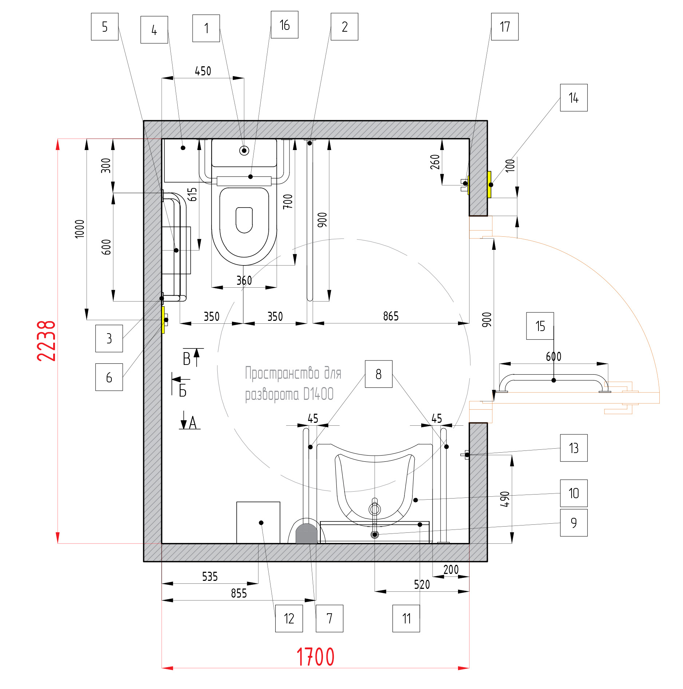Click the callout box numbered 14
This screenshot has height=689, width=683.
[x=573, y=98]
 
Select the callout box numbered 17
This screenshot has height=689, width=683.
[x=505, y=27]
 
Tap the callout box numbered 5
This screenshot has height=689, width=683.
[x=104, y=27]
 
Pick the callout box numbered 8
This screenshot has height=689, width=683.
[x=379, y=374]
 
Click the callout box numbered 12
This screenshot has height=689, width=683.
[x=289, y=618]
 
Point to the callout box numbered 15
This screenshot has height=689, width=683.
[x=540, y=326]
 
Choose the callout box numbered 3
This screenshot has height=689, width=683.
[x=109, y=338]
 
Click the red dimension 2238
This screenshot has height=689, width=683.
[x=46, y=341]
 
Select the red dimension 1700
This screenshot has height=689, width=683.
[x=315, y=657]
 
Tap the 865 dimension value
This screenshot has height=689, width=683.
[x=391, y=316]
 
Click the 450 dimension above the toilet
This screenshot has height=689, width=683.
[x=203, y=71]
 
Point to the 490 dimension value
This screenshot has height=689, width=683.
[x=505, y=499]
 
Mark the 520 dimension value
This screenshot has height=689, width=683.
[x=422, y=584]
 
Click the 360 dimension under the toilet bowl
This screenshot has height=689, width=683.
[x=244, y=280]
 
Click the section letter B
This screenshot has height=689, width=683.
[x=187, y=359]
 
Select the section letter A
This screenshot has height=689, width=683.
[x=193, y=423]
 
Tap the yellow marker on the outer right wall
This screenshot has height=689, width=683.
[x=489, y=185]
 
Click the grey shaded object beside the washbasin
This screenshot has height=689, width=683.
[x=307, y=534]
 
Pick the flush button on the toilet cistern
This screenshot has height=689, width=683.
[x=244, y=150]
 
